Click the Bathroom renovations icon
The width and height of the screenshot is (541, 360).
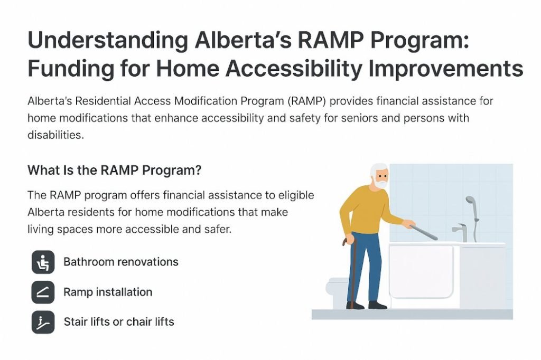(x=43, y=262)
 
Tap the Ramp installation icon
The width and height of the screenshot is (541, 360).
(x=43, y=292)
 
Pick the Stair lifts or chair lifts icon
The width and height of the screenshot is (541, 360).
(x=43, y=322)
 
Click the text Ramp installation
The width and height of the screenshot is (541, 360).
(x=107, y=292)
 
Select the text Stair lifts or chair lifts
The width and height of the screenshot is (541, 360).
(x=118, y=321)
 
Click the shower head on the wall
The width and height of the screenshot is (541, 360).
(x=470, y=201)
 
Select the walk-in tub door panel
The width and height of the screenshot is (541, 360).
(x=421, y=272)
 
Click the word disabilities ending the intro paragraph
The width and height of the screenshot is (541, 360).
(x=55, y=135)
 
